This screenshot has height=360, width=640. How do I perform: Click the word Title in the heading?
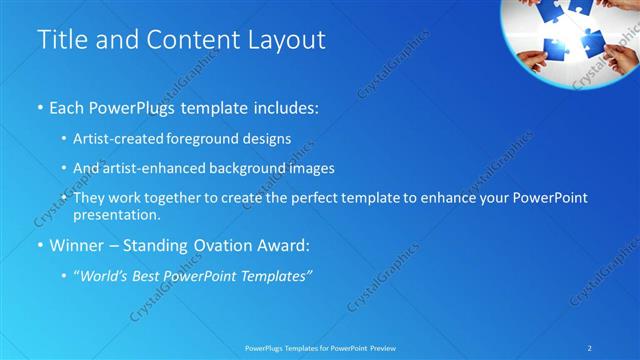61,40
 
